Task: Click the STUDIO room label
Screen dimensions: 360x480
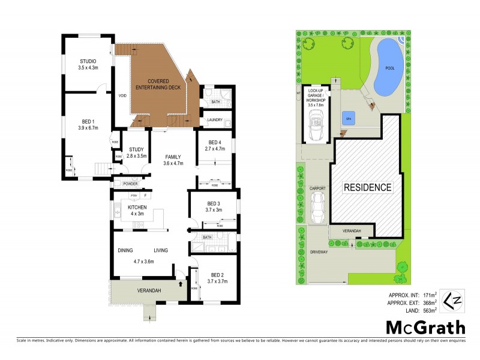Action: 88,61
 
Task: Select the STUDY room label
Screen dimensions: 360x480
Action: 136,151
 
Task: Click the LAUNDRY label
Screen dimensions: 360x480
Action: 215,119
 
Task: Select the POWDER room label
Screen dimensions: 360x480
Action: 130,184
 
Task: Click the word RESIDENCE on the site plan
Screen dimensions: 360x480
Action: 367,187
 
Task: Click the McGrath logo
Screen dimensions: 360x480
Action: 425,328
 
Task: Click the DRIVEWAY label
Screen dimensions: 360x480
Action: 319,252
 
